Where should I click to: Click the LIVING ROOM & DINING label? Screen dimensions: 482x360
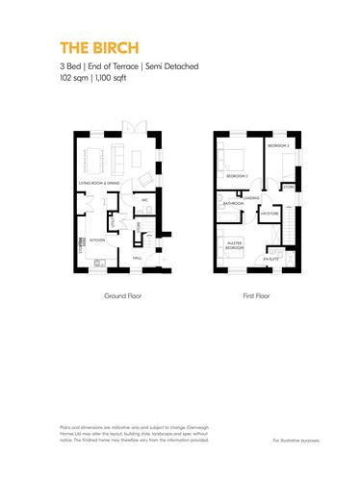(x=99, y=182)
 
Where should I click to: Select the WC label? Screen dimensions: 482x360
(x=143, y=200)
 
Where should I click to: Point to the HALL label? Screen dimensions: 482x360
(x=138, y=258)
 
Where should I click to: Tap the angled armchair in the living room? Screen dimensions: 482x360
(x=144, y=180)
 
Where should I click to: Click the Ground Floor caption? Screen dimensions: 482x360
(x=122, y=296)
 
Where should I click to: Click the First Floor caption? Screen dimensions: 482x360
(x=256, y=296)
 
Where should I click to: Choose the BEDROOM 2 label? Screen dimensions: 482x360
(x=237, y=177)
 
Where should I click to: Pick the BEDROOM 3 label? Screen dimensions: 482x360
(x=278, y=145)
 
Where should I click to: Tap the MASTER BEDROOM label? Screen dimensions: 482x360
(x=234, y=245)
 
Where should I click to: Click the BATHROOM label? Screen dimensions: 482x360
(x=233, y=204)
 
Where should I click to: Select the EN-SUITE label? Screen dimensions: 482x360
(x=273, y=258)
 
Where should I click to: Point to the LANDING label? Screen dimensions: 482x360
(x=252, y=198)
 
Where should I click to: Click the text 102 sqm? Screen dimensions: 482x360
(x=71, y=80)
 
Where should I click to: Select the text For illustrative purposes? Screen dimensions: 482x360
(x=296, y=440)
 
